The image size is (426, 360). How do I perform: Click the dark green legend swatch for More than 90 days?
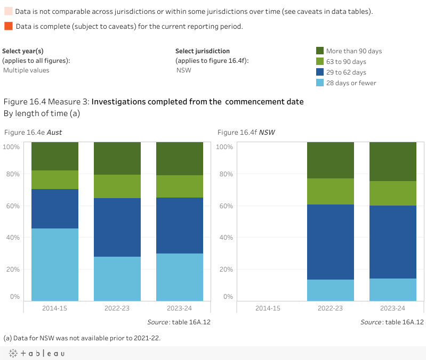point(320,51)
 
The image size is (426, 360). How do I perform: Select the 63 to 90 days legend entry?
point(346,62)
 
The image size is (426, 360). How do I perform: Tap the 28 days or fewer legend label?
point(351,83)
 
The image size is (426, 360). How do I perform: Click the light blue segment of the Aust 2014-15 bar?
point(55,265)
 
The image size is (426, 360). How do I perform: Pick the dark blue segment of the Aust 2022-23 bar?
point(117,227)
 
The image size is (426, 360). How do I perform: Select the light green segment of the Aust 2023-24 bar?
point(180,186)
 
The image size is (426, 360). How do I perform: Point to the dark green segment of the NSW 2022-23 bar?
point(331,160)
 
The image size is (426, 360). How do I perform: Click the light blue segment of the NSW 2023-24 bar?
point(393,290)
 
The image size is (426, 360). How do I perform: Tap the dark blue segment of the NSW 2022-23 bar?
point(331,242)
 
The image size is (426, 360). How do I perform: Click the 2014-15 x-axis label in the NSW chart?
point(268,308)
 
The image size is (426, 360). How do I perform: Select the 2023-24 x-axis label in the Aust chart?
point(180,308)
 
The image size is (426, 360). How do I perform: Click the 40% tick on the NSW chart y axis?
point(227,238)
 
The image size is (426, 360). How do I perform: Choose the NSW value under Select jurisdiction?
point(183,70)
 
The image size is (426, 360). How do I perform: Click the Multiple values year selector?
point(26,70)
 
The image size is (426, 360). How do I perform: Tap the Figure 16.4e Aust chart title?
point(33,132)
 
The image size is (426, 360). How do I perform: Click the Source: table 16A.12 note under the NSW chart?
point(392,322)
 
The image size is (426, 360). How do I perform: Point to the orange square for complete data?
point(8,26)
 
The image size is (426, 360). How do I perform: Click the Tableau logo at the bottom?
point(37,353)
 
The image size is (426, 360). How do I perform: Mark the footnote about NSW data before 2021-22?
point(82,338)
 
